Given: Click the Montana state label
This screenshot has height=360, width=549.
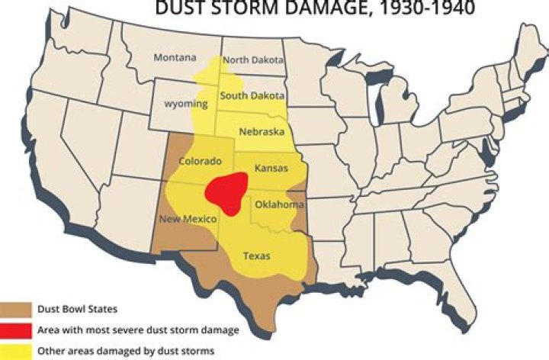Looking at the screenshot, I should [x=175, y=58].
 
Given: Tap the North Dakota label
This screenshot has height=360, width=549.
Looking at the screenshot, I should [x=253, y=60].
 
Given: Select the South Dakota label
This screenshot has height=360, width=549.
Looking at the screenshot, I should [x=252, y=96].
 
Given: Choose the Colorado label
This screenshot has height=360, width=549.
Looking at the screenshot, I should [x=200, y=161].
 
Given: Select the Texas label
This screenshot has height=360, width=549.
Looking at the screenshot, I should [x=256, y=256].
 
